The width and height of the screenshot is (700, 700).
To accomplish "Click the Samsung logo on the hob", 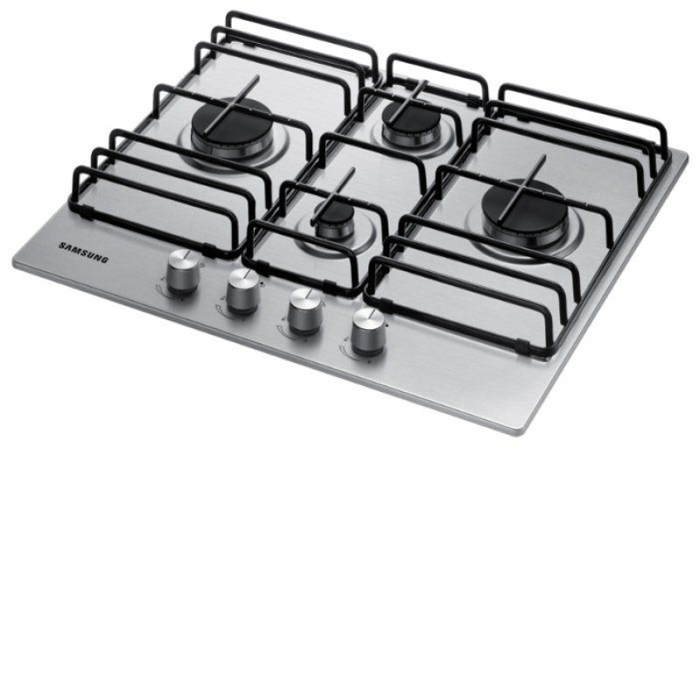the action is pyautogui.click(x=83, y=252).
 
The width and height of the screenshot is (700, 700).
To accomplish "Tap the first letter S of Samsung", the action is pyautogui.click(x=62, y=245).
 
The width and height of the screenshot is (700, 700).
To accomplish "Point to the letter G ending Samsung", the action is pyautogui.click(x=104, y=259).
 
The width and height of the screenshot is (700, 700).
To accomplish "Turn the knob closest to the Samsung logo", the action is pyautogui.click(x=183, y=272).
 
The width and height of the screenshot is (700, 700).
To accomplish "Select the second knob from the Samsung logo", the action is pyautogui.click(x=243, y=291).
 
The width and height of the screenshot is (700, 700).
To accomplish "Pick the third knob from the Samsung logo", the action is pyautogui.click(x=305, y=311).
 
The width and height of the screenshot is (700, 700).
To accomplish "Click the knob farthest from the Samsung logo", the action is pyautogui.click(x=369, y=332).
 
